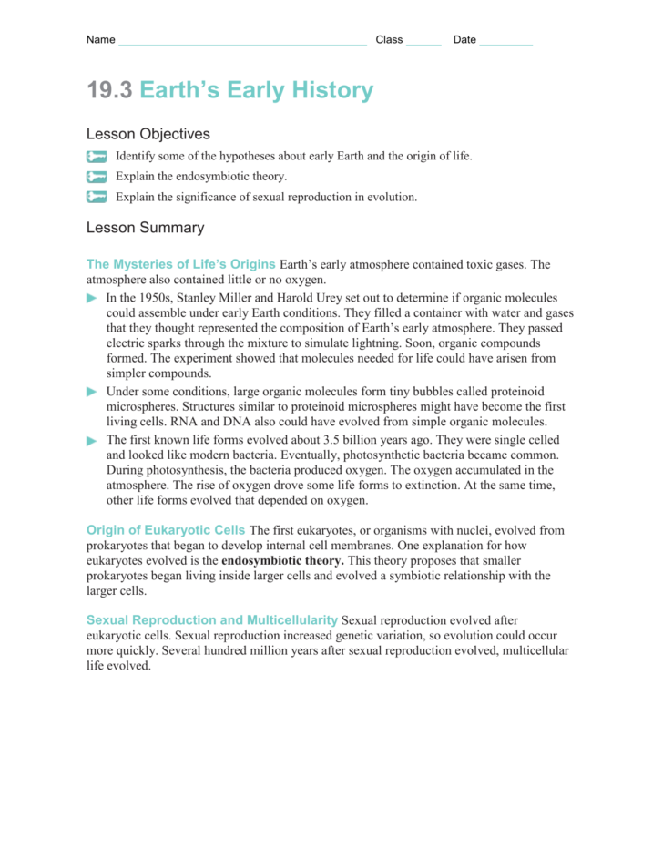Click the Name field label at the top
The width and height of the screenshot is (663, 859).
click(x=100, y=40)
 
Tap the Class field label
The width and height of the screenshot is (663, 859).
click(x=389, y=40)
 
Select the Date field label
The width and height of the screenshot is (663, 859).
click(x=464, y=40)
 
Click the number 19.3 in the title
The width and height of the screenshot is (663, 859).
click(x=109, y=90)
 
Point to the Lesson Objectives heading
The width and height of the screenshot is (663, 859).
click(x=148, y=134)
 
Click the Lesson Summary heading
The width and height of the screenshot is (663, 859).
click(x=145, y=228)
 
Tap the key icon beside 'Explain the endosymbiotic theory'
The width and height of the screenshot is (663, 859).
click(x=97, y=177)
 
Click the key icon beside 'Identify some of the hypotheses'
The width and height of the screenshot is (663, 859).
click(x=97, y=157)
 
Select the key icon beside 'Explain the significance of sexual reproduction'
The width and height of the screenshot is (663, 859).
click(x=97, y=197)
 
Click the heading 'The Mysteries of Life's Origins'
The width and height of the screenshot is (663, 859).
click(x=180, y=264)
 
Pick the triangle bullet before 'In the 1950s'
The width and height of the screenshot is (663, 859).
click(x=91, y=298)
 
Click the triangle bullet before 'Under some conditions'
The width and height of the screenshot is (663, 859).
click(x=91, y=392)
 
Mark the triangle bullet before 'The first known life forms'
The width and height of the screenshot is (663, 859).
click(x=91, y=440)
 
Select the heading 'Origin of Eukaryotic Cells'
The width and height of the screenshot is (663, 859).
click(x=165, y=530)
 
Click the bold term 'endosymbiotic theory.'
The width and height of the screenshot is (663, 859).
click(x=282, y=561)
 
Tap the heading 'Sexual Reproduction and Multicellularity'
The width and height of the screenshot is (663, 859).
click(x=211, y=619)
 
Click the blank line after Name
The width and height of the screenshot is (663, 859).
click(x=242, y=42)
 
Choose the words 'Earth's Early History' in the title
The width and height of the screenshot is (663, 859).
click(x=257, y=90)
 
